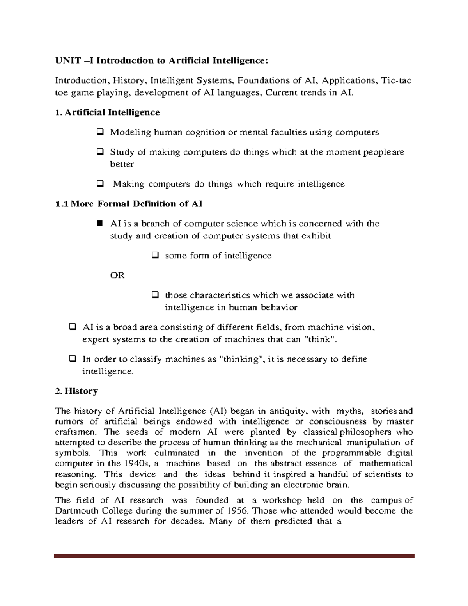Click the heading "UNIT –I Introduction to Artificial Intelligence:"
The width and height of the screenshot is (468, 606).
pos(161,60)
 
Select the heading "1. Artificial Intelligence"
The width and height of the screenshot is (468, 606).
pos(108,112)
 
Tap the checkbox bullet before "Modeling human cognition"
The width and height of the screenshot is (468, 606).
pos(100,132)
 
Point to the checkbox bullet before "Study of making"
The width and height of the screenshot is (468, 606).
pos(100,151)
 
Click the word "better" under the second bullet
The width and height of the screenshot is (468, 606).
pos(122,164)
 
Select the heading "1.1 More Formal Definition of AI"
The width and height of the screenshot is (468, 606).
pos(129,204)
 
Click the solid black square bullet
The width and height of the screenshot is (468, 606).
pos(99,223)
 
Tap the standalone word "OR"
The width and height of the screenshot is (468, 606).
pos(117,275)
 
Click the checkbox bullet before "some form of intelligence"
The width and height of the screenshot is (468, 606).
pos(154,256)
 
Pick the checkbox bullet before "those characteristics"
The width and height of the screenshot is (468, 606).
pos(154,295)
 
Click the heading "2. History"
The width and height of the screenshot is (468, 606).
pos(76,391)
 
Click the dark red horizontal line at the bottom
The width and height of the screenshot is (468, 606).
pos(234,556)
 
